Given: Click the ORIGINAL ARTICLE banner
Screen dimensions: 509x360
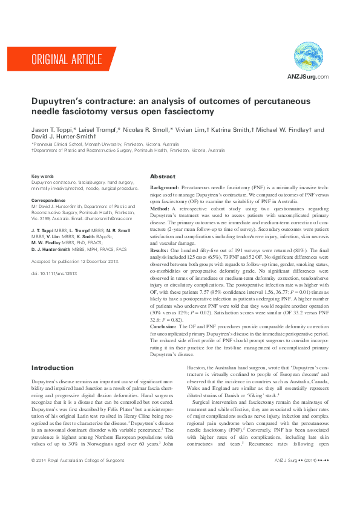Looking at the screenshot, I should pos(67,59).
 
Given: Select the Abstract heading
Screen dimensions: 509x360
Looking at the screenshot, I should pos(163,177).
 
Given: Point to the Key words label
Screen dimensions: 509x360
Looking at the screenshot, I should pos(42,176).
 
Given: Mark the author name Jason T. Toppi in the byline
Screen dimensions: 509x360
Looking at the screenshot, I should pos(53,129).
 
